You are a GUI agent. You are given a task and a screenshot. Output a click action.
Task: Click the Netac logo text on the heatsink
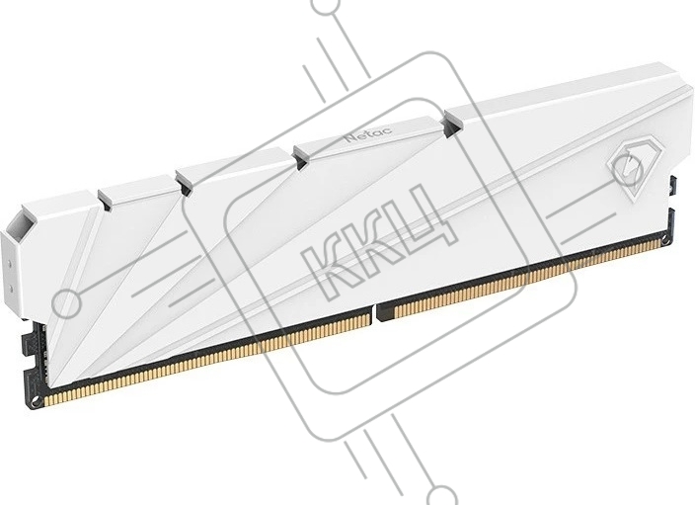click(x=362, y=134)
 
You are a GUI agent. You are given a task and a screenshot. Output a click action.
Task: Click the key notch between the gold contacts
click(x=374, y=312)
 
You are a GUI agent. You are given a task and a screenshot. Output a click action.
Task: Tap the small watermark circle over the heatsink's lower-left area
click(x=66, y=303)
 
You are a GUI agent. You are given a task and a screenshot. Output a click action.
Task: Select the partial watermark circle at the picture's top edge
click(x=328, y=5)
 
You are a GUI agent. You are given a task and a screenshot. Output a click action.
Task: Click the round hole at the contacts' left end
click(x=38, y=401)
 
